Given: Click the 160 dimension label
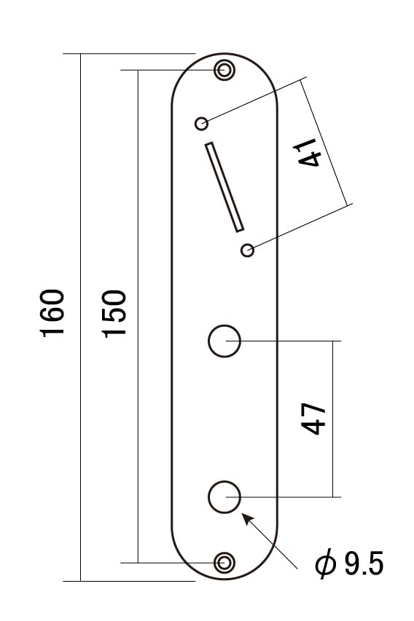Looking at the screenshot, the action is pyautogui.click(x=52, y=313).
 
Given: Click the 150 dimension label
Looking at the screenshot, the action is pyautogui.click(x=114, y=314).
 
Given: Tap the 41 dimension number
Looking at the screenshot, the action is pyautogui.click(x=307, y=152).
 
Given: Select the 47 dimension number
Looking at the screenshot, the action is pyautogui.click(x=313, y=419).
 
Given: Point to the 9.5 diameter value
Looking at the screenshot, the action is pyautogui.click(x=364, y=563).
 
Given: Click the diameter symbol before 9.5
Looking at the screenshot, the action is pyautogui.click(x=326, y=564).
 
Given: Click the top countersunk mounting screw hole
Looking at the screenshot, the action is pyautogui.click(x=224, y=70).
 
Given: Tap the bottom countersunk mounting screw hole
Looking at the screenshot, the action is pyautogui.click(x=224, y=562).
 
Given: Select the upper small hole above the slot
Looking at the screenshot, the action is pyautogui.click(x=201, y=124).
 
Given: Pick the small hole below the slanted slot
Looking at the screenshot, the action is pyautogui.click(x=247, y=250).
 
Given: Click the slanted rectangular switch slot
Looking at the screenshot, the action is pyautogui.click(x=224, y=187).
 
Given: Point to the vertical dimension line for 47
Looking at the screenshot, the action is pyautogui.click(x=332, y=419).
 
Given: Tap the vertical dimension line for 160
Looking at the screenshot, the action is pyautogui.click(x=80, y=317).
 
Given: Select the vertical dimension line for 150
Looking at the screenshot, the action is pyautogui.click(x=138, y=316).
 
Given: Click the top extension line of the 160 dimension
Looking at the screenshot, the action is pyautogui.click(x=129, y=53).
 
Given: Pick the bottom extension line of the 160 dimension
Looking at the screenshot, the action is pyautogui.click(x=129, y=581).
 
